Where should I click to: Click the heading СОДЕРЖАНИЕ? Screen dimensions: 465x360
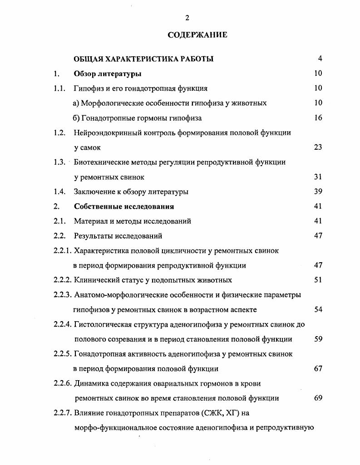[x=197, y=35]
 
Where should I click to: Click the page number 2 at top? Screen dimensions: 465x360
[x=187, y=18]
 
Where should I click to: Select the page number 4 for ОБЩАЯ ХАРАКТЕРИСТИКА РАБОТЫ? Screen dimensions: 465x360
[x=320, y=59]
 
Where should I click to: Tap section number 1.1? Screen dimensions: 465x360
[x=60, y=88]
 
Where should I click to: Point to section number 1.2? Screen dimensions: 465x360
[x=60, y=133]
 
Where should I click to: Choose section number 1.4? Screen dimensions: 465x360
[x=60, y=191]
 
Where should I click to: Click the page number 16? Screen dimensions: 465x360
[x=318, y=118]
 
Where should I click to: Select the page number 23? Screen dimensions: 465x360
[x=318, y=147]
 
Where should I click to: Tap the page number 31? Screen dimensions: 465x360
[x=318, y=177]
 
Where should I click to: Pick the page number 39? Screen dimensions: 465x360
[x=318, y=191]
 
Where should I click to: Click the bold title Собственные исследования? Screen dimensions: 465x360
[x=124, y=206]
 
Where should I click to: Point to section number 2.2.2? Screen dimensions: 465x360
[x=63, y=280]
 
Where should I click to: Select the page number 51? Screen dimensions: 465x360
[x=318, y=280]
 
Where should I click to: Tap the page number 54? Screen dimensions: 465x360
[x=318, y=309]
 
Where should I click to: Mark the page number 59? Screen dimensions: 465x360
[x=318, y=339]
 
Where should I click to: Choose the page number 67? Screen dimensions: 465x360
[x=318, y=369]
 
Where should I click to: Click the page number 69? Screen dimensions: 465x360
[x=318, y=398]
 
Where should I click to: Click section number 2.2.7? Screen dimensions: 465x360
[x=63, y=413]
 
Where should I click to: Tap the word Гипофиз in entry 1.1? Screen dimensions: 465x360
[x=88, y=88]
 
